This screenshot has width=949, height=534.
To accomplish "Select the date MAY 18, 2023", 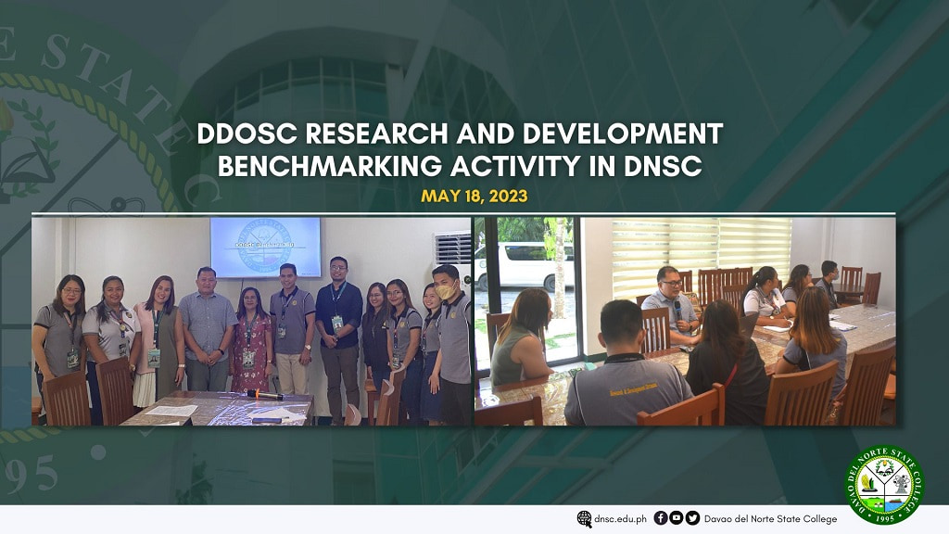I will pos(474,197).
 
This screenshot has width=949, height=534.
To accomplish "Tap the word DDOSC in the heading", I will pos(246,134).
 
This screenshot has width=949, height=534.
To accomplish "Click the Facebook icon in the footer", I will pos(660,518).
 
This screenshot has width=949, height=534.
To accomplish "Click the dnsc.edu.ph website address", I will pos(619,519).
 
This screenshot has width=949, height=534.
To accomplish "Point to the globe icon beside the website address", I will pos(584,518).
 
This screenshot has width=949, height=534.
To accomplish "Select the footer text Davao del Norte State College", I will pos(771,519).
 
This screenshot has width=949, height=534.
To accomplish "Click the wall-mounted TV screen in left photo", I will pos(265,247).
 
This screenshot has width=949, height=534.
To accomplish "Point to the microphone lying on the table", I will pos(265,395).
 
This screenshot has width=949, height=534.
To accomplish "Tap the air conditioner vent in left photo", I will pos(452,248).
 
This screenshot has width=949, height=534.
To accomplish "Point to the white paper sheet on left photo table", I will pos(172,410).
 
